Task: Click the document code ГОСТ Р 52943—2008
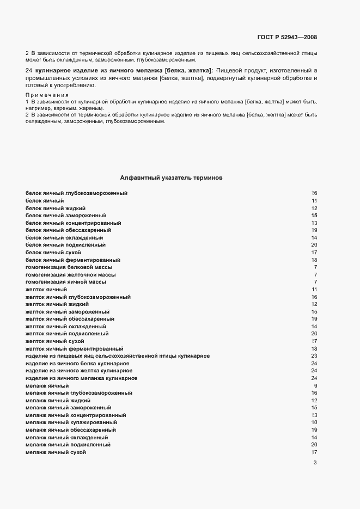click(x=286, y=38)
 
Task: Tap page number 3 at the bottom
click(x=315, y=463)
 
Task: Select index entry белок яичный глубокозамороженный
click(x=76, y=193)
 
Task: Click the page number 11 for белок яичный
click(x=314, y=201)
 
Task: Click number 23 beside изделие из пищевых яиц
click(x=314, y=355)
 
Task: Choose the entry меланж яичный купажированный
click(x=71, y=422)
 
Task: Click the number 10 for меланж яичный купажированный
click(x=314, y=422)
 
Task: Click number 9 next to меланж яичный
click(x=315, y=385)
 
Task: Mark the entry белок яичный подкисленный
click(x=66, y=245)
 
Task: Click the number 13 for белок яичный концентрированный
click(x=314, y=223)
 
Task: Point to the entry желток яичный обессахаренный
click(x=70, y=318)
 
